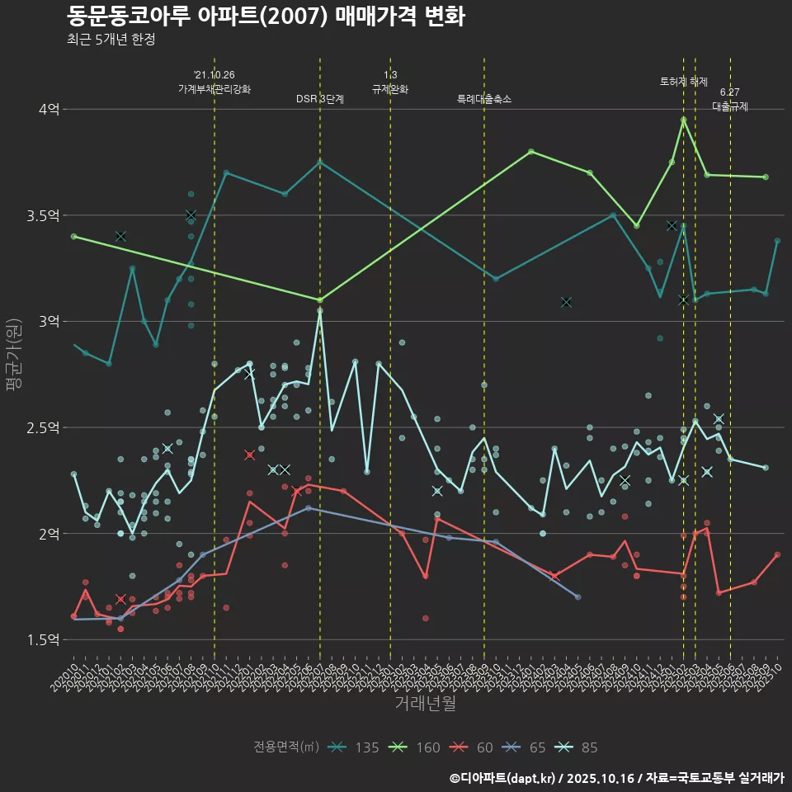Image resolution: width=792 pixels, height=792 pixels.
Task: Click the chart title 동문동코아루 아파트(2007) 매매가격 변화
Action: tap(265, 16)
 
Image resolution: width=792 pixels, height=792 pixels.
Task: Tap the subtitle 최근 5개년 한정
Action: tap(111, 39)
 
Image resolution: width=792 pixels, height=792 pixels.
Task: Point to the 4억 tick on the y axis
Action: tap(49, 109)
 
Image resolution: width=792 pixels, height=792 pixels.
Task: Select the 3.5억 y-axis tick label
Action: tap(44, 215)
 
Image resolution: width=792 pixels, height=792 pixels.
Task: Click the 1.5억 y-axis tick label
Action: tap(44, 639)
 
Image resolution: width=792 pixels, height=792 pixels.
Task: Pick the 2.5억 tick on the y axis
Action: tap(44, 427)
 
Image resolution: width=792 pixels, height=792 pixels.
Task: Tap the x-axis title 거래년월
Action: tap(425, 704)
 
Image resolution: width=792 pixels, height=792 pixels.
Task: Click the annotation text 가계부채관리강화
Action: tap(214, 88)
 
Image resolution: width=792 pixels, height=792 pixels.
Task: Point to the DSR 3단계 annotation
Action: tap(320, 99)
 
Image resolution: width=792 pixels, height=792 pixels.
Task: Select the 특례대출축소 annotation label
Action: tap(484, 99)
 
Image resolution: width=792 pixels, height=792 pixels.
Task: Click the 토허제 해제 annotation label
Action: tap(684, 82)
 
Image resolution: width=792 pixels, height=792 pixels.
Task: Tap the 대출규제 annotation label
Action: tap(730, 106)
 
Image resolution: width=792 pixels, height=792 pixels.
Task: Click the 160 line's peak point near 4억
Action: tap(684, 120)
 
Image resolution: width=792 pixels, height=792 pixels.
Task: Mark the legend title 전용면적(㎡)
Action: tap(286, 747)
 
